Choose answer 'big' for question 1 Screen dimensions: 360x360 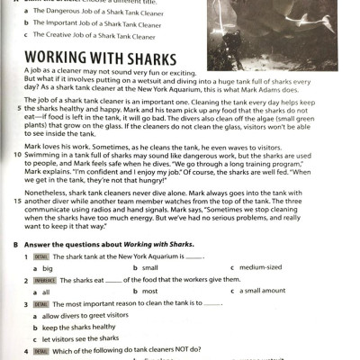pos(48,268)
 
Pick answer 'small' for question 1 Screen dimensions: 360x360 pos(149,268)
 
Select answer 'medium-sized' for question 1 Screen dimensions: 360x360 pos(265,268)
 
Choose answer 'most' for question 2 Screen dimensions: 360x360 pos(149,292)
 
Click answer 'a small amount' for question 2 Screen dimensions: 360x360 pos(268,292)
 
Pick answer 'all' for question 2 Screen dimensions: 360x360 pos(46,292)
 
